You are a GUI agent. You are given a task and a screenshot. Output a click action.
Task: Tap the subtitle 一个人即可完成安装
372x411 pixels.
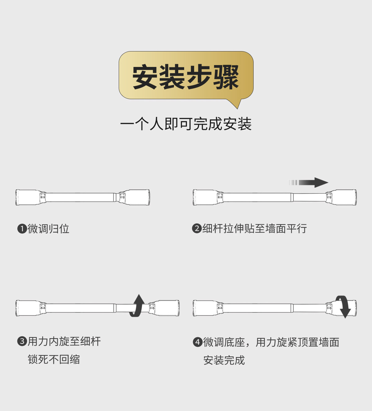[186, 124]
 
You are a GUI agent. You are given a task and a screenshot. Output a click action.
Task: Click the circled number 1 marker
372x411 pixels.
[22, 229]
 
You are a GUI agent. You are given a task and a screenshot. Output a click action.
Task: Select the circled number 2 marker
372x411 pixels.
[197, 229]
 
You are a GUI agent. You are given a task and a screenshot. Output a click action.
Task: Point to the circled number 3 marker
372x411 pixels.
[22, 342]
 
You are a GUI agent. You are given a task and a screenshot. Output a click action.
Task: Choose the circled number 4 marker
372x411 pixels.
[197, 342]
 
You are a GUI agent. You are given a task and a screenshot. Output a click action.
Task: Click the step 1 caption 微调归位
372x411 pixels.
[48, 229]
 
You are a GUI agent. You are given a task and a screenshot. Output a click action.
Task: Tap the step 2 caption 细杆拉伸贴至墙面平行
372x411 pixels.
[255, 229]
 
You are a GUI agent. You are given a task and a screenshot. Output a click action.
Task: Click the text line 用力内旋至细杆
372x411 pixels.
[64, 342]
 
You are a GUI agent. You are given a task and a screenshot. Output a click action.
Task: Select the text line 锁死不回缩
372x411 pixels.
[54, 360]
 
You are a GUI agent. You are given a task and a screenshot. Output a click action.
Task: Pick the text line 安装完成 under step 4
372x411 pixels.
[224, 360]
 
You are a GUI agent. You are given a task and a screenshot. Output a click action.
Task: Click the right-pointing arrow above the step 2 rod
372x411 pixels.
[309, 183]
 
